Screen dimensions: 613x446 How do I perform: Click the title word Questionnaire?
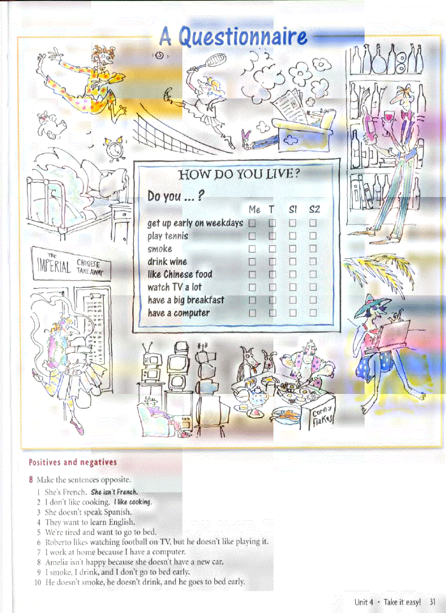[242, 37]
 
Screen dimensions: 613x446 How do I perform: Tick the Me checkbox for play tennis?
[252, 236]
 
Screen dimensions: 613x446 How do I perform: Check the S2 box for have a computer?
[313, 313]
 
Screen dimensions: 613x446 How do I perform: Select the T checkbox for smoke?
[272, 249]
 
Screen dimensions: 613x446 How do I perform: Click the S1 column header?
[293, 209]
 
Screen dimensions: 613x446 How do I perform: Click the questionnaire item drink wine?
[167, 261]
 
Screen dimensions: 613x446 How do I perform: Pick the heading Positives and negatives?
[73, 462]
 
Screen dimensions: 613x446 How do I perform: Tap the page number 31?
[432, 602]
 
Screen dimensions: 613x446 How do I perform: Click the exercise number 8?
[32, 480]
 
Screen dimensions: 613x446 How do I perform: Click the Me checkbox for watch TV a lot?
[252, 287]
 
